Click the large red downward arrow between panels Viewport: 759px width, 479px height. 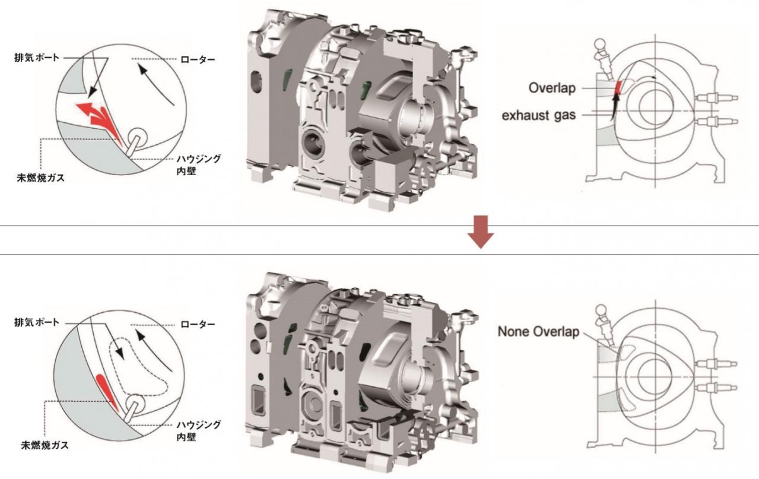click(x=481, y=232)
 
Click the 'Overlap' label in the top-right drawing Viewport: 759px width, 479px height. click(x=552, y=88)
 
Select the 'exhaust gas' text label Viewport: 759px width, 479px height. click(x=538, y=116)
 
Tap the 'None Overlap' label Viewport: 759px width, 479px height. click(x=538, y=332)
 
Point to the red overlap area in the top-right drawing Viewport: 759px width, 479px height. click(x=618, y=87)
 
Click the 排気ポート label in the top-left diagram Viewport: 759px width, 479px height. click(x=37, y=58)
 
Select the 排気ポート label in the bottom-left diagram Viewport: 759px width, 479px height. click(x=37, y=322)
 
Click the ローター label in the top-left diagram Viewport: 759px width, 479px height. click(x=198, y=60)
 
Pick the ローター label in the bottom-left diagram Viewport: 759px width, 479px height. click(x=198, y=325)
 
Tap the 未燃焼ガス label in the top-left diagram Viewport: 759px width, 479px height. click(x=41, y=178)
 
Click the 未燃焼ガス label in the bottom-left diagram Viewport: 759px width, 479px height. click(x=45, y=445)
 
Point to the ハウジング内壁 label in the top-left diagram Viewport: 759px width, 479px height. click(x=199, y=165)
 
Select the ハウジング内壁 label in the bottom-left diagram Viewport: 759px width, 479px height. click(x=199, y=430)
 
